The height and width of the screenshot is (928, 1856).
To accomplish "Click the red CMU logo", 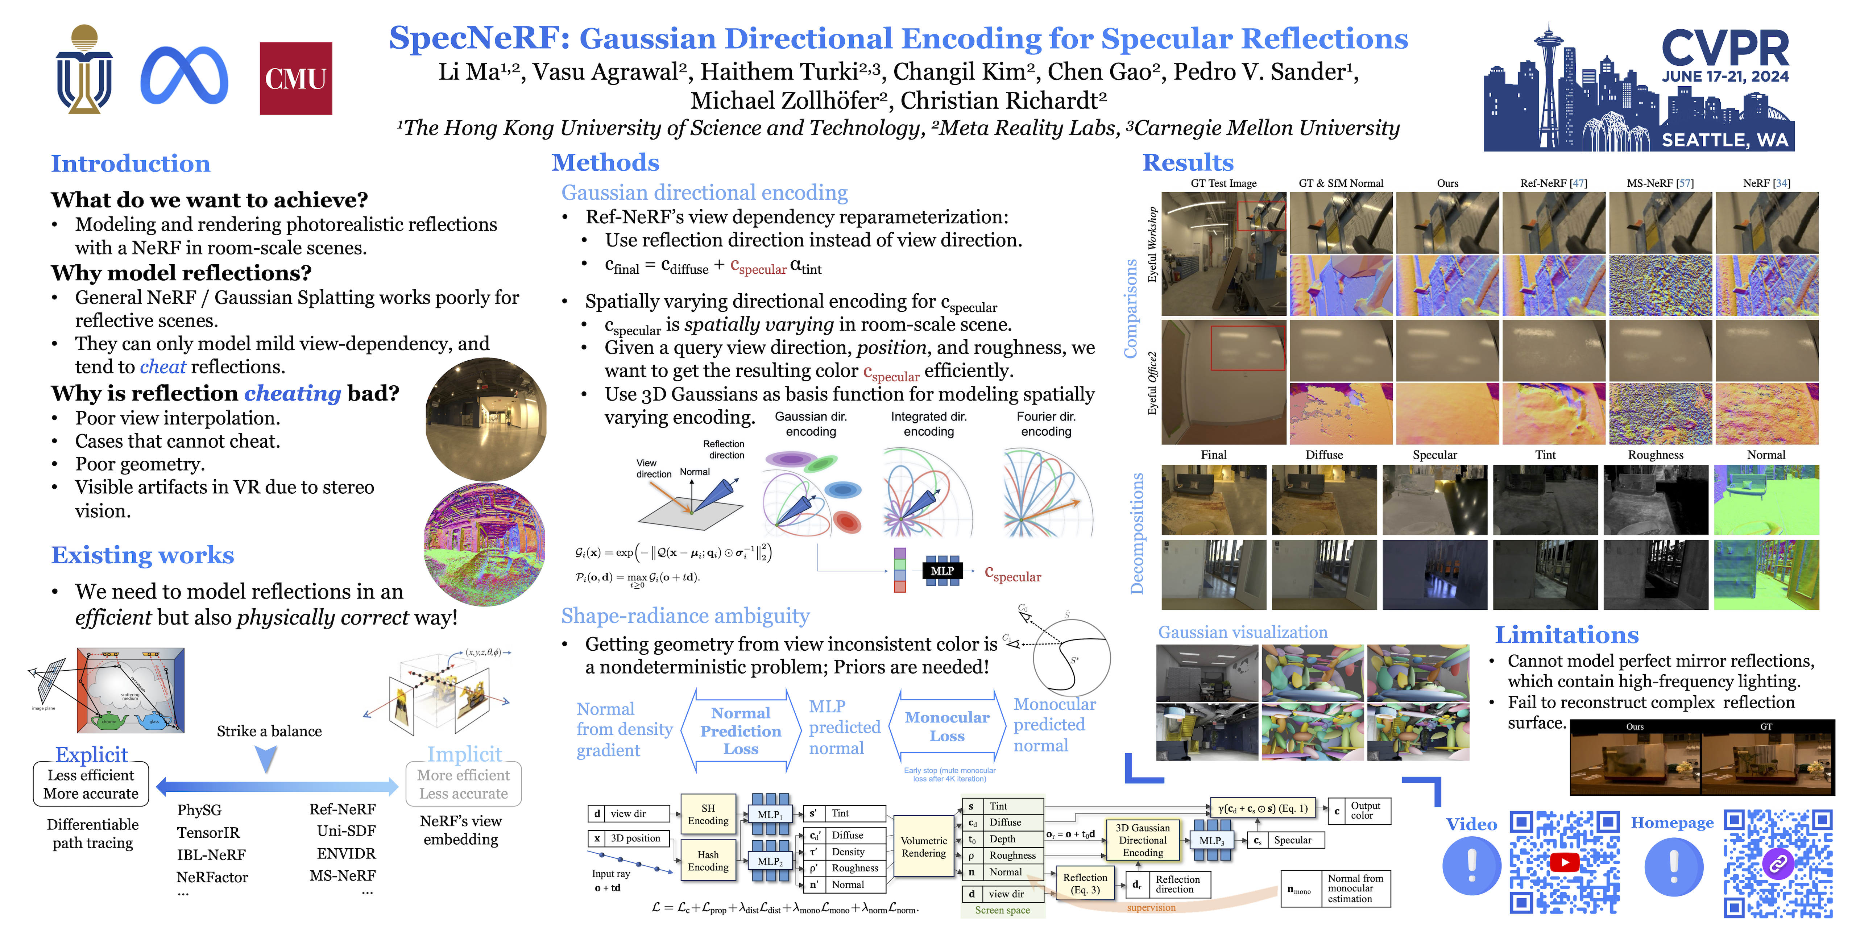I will coord(295,79).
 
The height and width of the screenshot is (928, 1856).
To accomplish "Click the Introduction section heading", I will coord(130,163).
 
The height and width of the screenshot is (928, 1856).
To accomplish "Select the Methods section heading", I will coord(605,163).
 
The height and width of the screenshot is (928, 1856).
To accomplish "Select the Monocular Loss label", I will coord(947,726).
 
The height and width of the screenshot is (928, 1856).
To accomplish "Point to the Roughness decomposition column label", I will coord(1655,455).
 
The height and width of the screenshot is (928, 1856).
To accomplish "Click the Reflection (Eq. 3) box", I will coord(1085,883).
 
